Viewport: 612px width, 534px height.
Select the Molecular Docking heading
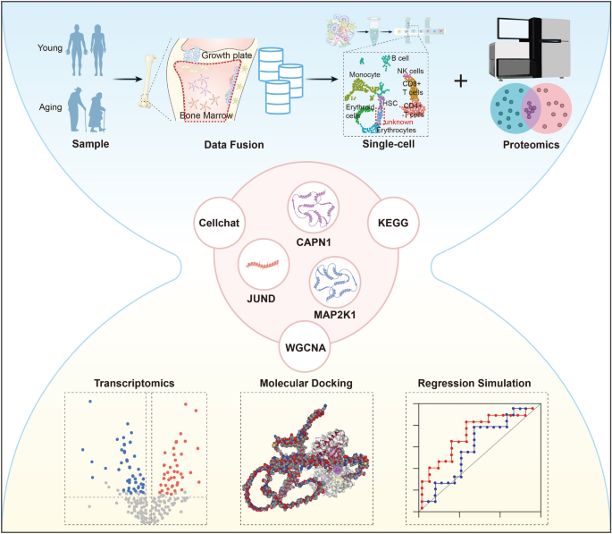pos(305,383)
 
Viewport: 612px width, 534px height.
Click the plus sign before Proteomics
pos(461,81)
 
